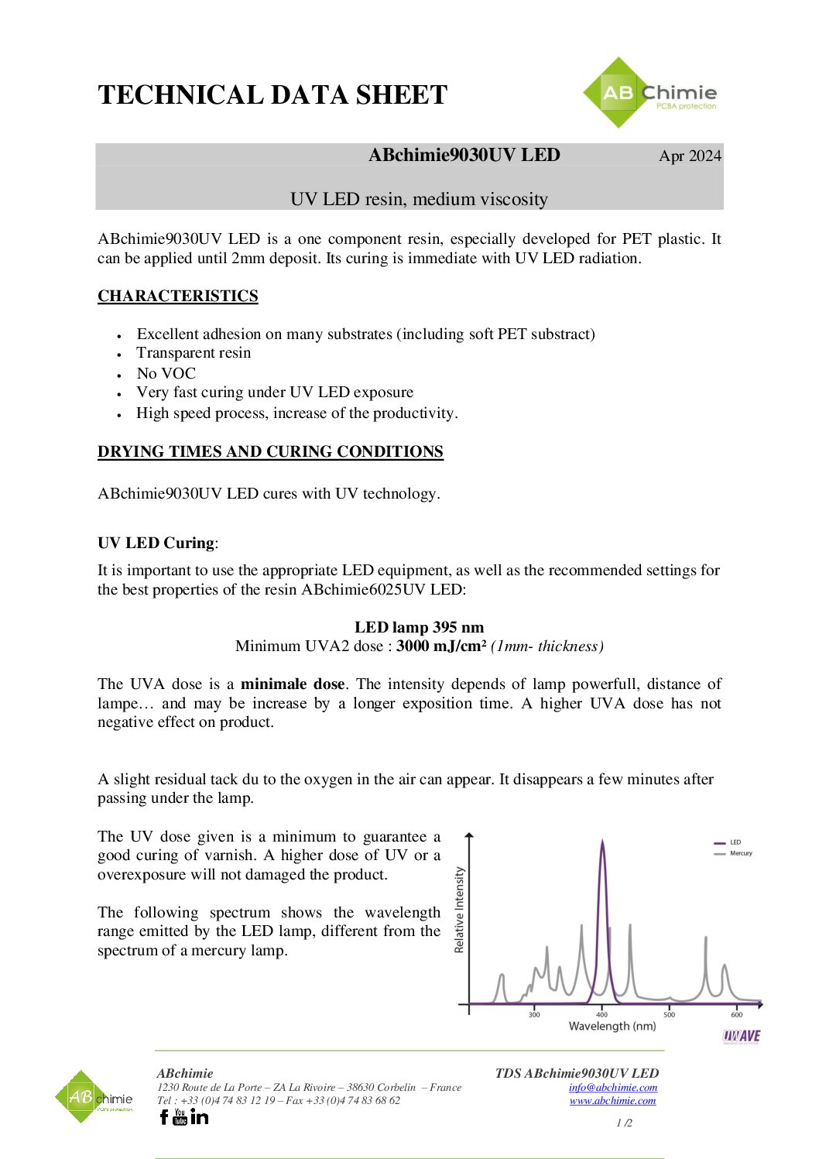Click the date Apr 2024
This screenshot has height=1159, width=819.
pos(690,156)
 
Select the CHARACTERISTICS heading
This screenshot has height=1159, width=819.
pos(177,296)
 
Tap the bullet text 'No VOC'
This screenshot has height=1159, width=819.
pos(166,373)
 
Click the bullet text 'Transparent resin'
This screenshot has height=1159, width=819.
pos(194,353)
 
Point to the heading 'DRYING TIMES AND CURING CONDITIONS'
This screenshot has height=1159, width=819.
pos(270,451)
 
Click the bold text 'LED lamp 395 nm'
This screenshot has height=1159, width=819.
pos(419,627)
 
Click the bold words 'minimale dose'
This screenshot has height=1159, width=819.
pos(293,684)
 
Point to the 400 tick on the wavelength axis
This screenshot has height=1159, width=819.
pos(602,1014)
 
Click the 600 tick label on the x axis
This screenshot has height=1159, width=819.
pos(736,1014)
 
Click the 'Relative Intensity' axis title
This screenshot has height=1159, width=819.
pos(460,910)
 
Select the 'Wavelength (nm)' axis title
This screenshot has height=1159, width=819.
pos(612,1027)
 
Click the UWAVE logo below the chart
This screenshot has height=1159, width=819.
pos(742,1036)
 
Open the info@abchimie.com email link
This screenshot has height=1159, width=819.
pos(612,1088)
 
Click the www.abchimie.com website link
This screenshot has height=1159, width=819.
pos(612,1101)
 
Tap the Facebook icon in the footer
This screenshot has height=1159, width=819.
pos(163,1116)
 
